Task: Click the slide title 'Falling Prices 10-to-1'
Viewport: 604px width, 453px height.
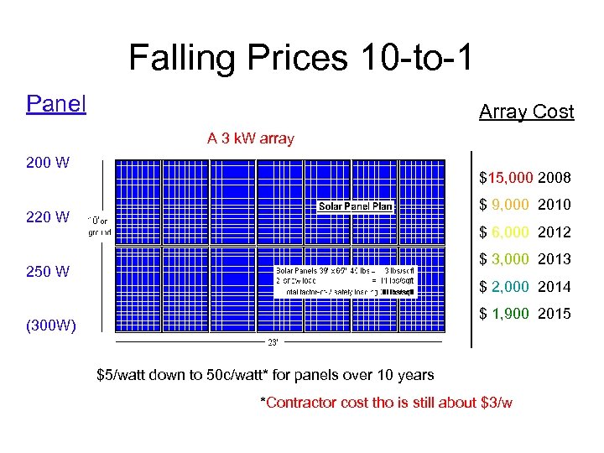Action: (301, 58)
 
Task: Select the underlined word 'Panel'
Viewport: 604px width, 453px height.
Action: (56, 104)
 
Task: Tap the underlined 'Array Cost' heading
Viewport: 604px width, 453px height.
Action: (526, 112)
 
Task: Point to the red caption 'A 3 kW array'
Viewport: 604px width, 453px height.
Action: (251, 138)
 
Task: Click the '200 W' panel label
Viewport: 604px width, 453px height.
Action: (48, 163)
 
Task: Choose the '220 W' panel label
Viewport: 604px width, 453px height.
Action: (48, 217)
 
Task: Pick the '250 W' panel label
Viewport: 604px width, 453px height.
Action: (48, 272)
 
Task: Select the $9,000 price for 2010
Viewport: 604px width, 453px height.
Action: (505, 205)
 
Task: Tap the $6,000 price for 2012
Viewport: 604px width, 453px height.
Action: (505, 232)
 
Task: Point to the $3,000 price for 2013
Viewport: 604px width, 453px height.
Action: (505, 259)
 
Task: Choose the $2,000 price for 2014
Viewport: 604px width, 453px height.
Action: (505, 287)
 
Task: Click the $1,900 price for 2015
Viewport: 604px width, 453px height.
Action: (505, 314)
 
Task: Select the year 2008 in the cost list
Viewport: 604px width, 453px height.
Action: (555, 178)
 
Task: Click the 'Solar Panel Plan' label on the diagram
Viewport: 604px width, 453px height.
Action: (355, 206)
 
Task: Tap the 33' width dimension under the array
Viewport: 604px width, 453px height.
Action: (273, 342)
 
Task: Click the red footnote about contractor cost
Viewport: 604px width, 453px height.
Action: (387, 403)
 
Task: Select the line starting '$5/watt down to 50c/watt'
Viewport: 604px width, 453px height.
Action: (266, 375)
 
